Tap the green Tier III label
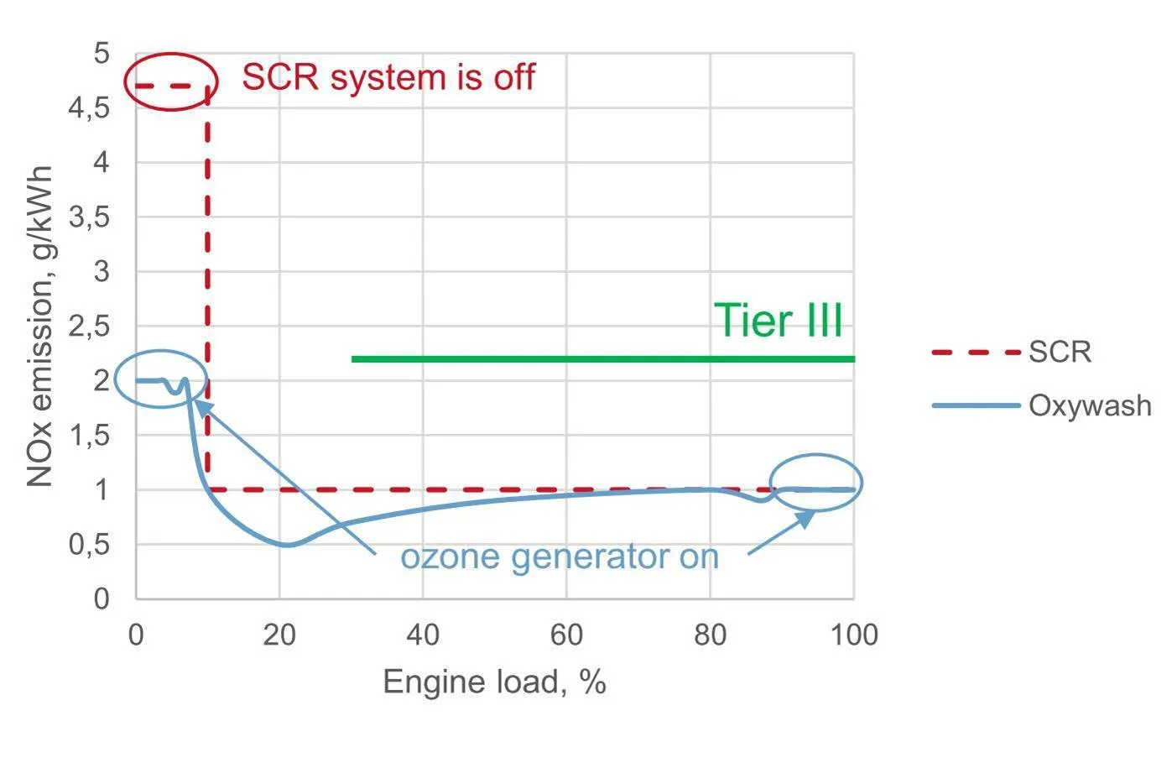point(778,321)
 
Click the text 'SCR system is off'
point(388,77)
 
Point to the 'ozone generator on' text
point(560,557)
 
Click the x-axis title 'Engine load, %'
point(494,682)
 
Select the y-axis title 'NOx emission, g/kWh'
point(39,327)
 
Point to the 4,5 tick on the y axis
point(89,108)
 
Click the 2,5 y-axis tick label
point(89,327)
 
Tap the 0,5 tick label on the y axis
point(89,545)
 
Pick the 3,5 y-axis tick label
point(89,217)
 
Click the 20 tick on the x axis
point(279,635)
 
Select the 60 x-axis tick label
point(566,635)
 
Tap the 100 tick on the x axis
point(854,635)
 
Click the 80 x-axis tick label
point(710,635)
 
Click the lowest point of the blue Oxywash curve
point(287,545)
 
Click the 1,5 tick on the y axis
point(89,436)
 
